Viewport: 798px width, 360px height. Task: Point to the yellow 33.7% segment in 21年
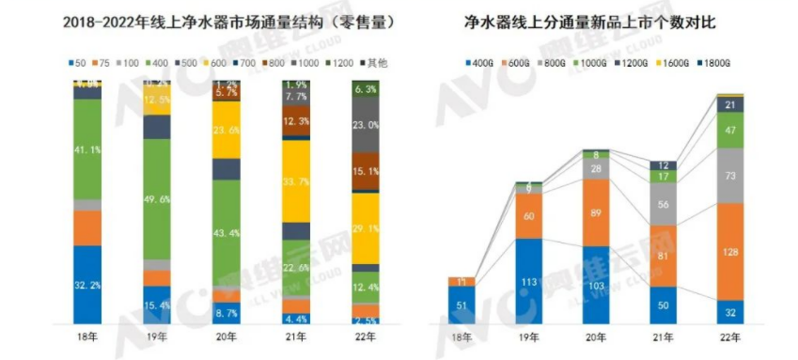(x=296, y=181)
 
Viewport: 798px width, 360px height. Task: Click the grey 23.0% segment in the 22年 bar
(x=366, y=125)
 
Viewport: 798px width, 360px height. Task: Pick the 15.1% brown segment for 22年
(x=366, y=171)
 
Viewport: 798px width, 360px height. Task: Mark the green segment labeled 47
(x=730, y=132)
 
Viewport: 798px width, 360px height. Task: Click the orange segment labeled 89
(x=596, y=212)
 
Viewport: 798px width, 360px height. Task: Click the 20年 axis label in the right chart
(x=596, y=336)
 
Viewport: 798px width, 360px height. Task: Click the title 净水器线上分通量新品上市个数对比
(x=597, y=21)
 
